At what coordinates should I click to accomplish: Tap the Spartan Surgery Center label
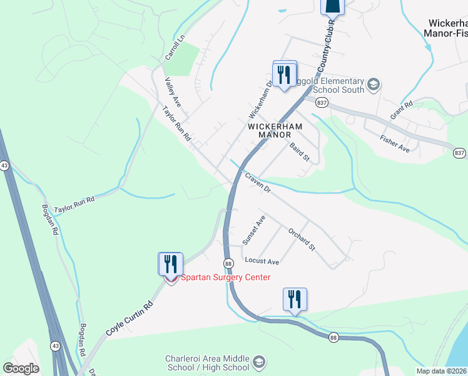(x=226, y=278)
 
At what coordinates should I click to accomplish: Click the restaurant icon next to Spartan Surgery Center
(x=170, y=264)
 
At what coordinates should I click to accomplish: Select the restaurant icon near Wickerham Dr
(x=285, y=74)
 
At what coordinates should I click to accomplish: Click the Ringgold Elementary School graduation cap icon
(x=373, y=85)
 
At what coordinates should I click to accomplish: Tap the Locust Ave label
(x=262, y=261)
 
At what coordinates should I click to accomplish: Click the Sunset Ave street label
(x=255, y=230)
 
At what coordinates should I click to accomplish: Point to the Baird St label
(x=300, y=152)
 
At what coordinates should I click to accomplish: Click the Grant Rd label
(x=402, y=111)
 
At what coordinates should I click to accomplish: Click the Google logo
(x=21, y=368)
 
